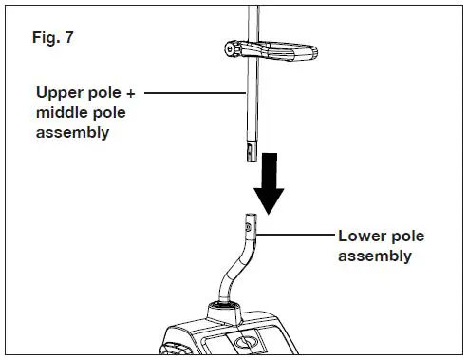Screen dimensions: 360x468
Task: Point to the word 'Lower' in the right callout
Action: (x=359, y=237)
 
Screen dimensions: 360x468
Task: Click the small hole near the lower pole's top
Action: (x=251, y=227)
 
